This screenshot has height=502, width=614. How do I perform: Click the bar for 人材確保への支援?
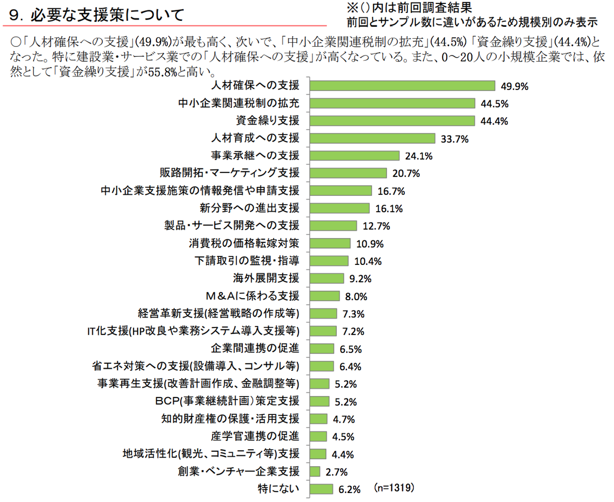(x=402, y=86)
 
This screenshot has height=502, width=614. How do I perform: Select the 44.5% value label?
(x=494, y=104)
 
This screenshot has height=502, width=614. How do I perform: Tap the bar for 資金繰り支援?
(x=392, y=121)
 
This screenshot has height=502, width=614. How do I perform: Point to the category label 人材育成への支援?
(x=255, y=138)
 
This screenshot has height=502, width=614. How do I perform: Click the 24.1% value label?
(x=418, y=156)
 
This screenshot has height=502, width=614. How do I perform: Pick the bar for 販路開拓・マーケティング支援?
(x=348, y=173)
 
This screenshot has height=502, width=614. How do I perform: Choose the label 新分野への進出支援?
(x=249, y=208)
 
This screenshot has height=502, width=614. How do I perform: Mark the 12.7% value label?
(x=376, y=226)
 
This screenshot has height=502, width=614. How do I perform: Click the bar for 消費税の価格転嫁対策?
(x=330, y=244)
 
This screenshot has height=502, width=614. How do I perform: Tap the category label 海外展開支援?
(x=266, y=279)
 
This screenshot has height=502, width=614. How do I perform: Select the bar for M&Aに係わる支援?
(x=324, y=296)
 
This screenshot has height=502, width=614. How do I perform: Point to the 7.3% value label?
(x=353, y=314)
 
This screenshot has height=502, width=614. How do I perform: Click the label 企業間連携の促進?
(x=255, y=348)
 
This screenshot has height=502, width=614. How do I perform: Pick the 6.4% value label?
(x=350, y=367)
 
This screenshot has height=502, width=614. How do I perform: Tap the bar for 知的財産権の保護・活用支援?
(x=319, y=419)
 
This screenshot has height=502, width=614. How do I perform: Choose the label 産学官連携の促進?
(x=255, y=436)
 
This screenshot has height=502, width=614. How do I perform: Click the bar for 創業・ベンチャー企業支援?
(x=315, y=471)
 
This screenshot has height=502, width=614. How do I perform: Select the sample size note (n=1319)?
(x=394, y=487)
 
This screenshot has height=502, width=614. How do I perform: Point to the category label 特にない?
(x=278, y=489)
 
